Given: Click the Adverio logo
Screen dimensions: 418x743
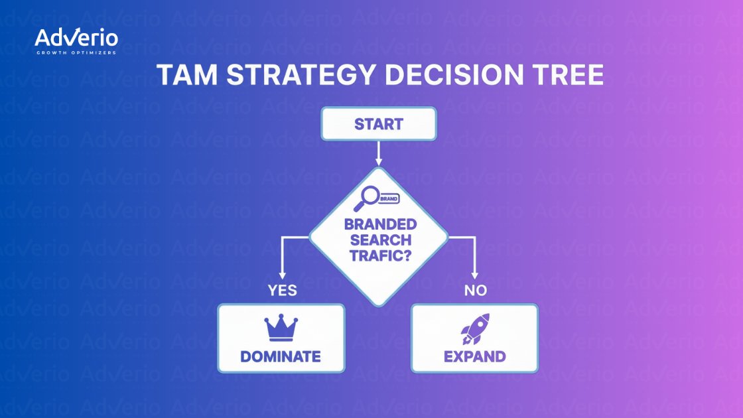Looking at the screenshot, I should [76, 38].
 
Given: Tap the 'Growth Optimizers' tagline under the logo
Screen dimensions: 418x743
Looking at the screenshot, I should [76, 52].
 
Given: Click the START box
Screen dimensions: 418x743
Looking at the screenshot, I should [379, 124].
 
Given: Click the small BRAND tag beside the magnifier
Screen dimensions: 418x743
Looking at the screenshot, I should [389, 198].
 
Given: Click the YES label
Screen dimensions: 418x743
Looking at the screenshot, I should [282, 291].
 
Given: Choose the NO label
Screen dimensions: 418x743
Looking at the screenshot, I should [475, 291].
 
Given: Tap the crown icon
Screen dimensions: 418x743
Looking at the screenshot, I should [281, 328].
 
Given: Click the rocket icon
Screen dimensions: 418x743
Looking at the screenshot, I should [475, 328].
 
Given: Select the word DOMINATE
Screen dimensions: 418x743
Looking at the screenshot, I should [281, 356].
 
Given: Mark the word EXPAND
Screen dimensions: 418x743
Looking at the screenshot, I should [475, 356].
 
